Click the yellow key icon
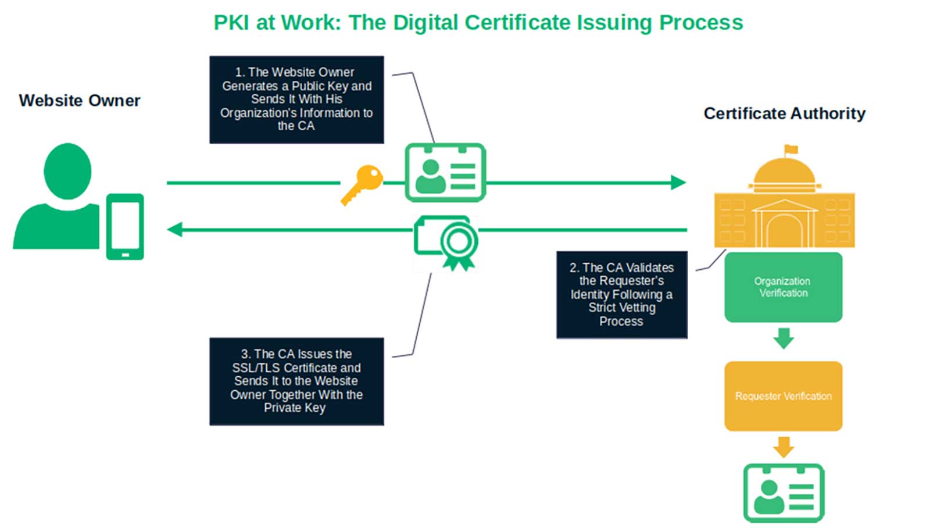[x=363, y=183]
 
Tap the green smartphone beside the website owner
[x=124, y=226]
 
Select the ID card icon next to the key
[x=445, y=173]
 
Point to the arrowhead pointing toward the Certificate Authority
[x=678, y=183]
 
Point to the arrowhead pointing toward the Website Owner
[x=174, y=230]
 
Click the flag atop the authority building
[x=791, y=149]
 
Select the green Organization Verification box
[x=783, y=287]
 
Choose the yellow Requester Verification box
[x=783, y=396]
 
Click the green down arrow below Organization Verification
[x=784, y=338]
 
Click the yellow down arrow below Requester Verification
[x=784, y=447]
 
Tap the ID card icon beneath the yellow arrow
[x=784, y=493]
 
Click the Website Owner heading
[x=80, y=101]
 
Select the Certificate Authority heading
[x=784, y=113]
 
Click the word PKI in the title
[x=232, y=23]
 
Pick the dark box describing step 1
[x=296, y=99]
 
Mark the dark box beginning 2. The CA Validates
[x=621, y=295]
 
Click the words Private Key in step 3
[x=295, y=408]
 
